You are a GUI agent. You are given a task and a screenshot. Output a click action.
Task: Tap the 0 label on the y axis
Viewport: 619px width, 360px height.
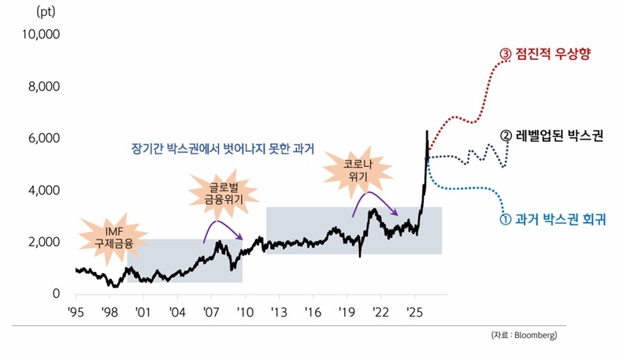tap(55, 294)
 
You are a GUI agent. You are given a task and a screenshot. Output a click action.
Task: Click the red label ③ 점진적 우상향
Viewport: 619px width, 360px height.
tap(545, 54)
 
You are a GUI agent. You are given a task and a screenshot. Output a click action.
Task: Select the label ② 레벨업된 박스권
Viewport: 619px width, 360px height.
tap(550, 135)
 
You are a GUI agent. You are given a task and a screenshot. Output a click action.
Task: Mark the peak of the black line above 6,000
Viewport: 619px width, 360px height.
tap(427, 132)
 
